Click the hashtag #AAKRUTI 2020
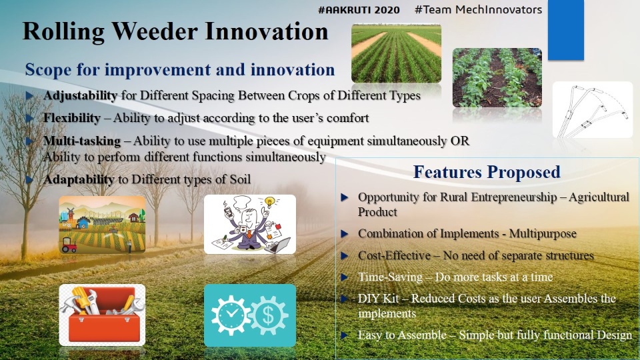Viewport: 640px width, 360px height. point(359,10)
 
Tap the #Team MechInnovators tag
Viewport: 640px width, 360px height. point(479,9)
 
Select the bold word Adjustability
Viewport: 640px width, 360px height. point(81,95)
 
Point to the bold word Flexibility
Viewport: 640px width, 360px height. point(72,118)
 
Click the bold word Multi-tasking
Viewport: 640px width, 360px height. point(82,141)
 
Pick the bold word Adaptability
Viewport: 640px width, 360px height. point(79,179)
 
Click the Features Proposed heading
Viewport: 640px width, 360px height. point(487,172)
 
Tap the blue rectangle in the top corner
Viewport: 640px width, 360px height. point(566,30)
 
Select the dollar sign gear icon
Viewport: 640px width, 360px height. point(268,315)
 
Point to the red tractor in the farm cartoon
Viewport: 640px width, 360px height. point(69,245)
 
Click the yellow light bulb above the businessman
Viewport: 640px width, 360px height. point(269,201)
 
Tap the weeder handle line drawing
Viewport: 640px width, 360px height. point(593,110)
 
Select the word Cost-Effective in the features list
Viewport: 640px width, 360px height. point(394,255)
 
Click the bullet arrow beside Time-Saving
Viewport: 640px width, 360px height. point(345,277)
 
